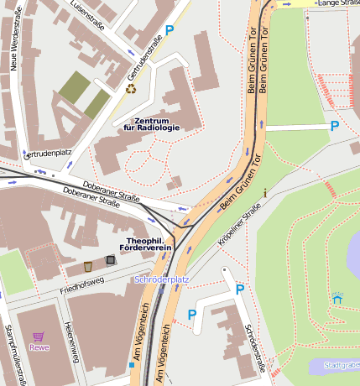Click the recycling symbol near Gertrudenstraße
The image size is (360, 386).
click(130, 88)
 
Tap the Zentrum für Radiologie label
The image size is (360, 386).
click(151, 124)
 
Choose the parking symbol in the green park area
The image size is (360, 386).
click(334, 127)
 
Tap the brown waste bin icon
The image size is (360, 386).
click(87, 266)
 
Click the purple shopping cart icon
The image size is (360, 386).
click(38, 336)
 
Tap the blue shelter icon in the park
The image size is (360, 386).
click(337, 297)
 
